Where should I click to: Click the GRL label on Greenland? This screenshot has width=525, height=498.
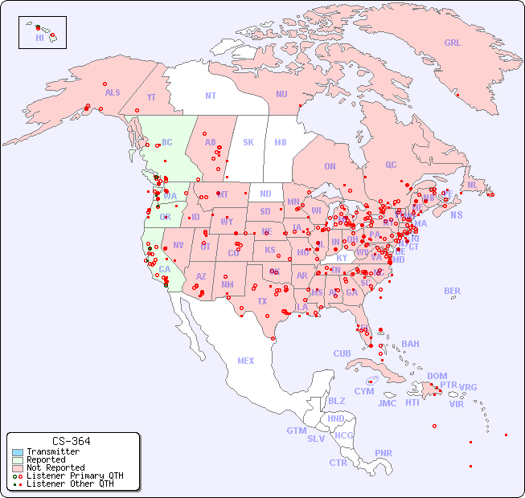[453, 43]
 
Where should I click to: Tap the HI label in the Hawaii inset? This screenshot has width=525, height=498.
[39, 37]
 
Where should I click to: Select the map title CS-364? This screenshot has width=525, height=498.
[72, 441]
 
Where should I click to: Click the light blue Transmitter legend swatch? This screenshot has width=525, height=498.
[18, 452]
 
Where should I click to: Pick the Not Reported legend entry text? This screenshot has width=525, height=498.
[55, 467]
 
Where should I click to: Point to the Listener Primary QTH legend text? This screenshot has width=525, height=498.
[75, 476]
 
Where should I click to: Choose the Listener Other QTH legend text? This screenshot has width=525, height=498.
[70, 484]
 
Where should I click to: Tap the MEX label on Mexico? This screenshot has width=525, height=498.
[246, 361]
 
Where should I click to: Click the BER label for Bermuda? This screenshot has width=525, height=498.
[453, 291]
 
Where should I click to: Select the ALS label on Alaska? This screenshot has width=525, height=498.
[113, 92]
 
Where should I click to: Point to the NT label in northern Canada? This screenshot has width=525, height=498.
[211, 96]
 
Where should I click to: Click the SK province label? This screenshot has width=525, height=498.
[248, 142]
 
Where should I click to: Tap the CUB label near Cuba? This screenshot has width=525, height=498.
[342, 353]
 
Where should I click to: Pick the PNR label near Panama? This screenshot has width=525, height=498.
[383, 453]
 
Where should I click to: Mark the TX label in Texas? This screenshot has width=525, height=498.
[262, 301]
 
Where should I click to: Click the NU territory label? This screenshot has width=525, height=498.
[281, 94]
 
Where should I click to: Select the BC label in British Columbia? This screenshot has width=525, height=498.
[167, 142]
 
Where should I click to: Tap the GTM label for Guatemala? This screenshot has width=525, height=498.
[296, 431]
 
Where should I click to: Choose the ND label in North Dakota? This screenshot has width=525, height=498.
[265, 194]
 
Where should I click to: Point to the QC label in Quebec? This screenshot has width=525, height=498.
[391, 165]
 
